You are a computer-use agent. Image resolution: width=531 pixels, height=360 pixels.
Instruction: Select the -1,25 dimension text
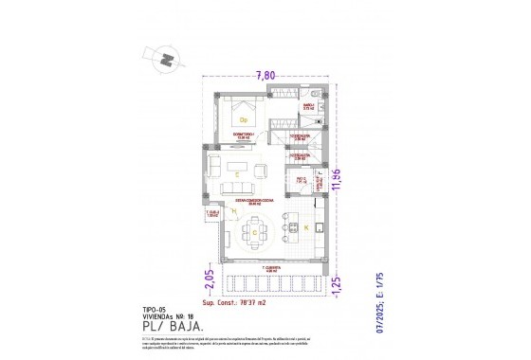pyautogui.click(x=336, y=284)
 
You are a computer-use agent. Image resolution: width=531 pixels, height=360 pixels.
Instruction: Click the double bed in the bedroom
pyautogui.click(x=244, y=117)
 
